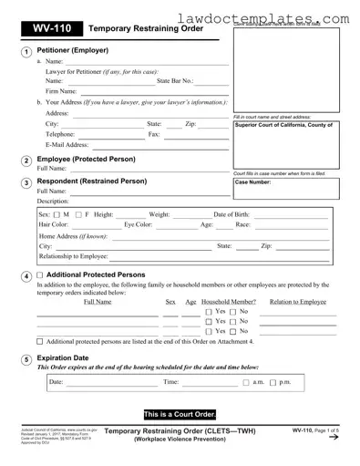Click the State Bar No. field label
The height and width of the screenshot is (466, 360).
(x=174, y=81)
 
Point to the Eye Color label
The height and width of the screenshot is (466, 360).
(x=143, y=224)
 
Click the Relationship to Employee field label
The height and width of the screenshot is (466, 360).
(x=74, y=257)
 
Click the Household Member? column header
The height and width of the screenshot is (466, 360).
(x=228, y=301)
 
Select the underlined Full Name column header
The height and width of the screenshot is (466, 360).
(x=98, y=301)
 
